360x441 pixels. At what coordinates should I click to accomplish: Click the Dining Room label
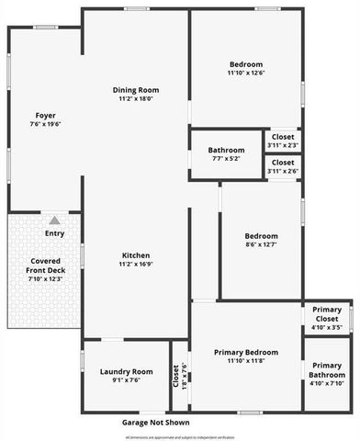[136, 90]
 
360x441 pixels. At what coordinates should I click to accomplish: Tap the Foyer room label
[46, 115]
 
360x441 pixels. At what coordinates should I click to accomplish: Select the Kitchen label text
[136, 254]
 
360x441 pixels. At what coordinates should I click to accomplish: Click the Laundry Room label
[126, 370]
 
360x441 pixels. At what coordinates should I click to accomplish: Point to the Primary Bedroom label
[245, 352]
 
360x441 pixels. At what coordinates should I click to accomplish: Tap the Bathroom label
[226, 150]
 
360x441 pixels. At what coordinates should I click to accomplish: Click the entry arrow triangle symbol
[55, 220]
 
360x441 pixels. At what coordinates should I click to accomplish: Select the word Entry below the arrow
[55, 233]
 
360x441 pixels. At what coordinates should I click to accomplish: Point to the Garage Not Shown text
[156, 423]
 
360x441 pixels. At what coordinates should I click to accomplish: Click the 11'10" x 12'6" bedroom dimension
[245, 73]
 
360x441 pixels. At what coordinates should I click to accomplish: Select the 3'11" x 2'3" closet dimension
[283, 145]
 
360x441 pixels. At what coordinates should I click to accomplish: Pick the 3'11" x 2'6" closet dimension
[283, 171]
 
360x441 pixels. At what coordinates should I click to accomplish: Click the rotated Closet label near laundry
[176, 377]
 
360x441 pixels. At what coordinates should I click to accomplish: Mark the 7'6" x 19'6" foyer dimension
[46, 124]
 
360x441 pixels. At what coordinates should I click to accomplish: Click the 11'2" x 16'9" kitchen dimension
[136, 264]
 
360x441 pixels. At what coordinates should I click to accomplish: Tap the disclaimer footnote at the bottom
[180, 436]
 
